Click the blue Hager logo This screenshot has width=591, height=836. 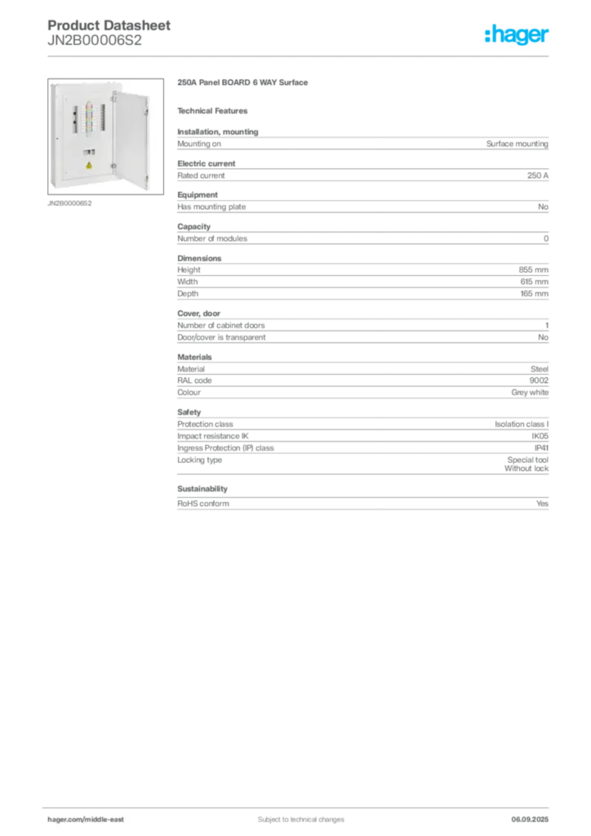tap(518, 35)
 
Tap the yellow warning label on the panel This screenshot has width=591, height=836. tap(88, 166)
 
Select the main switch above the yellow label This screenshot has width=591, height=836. tap(88, 151)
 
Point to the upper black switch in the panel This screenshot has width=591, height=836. tap(75, 113)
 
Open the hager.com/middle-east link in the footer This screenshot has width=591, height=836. tap(91, 819)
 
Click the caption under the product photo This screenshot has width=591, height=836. tap(72, 204)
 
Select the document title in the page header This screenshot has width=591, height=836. tap(110, 27)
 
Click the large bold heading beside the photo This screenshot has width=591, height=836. tap(244, 83)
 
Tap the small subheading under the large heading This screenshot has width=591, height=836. tap(216, 110)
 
